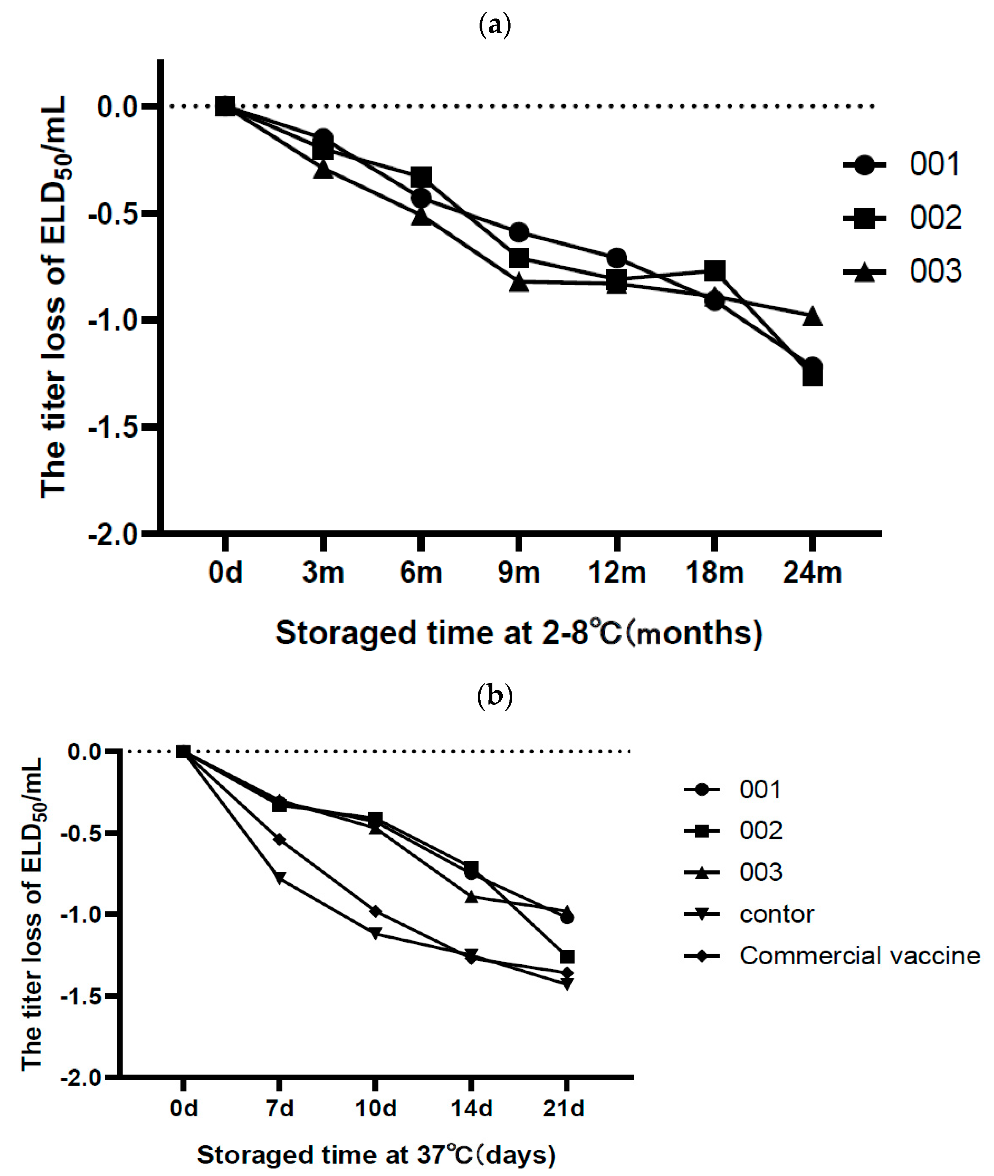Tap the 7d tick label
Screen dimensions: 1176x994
[x=279, y=1108]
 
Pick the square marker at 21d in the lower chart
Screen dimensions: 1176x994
[x=567, y=957]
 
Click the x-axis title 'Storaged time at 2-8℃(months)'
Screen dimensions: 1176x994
[x=518, y=633]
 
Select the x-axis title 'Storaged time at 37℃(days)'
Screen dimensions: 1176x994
[x=376, y=1155]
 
